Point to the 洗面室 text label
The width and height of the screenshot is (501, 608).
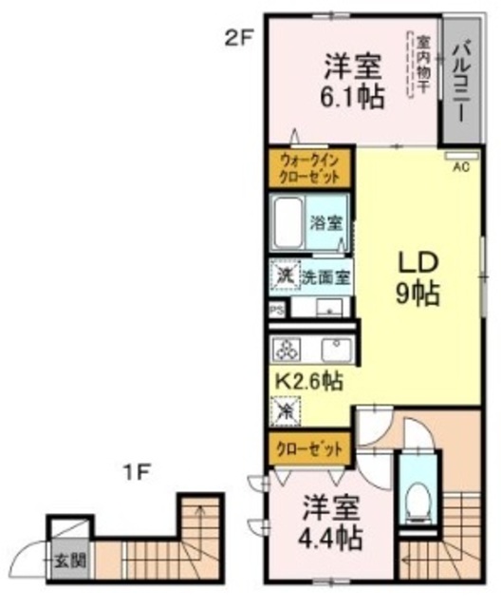pos(326,276)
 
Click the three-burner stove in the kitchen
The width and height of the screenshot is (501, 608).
pos(288,350)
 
